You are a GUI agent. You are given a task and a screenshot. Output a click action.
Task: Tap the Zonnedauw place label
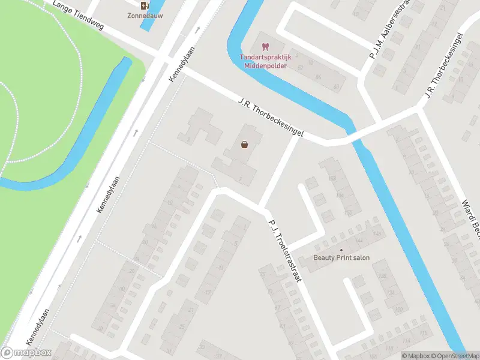[143, 16]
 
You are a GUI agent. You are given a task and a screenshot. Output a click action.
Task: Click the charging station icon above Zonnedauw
[143, 5]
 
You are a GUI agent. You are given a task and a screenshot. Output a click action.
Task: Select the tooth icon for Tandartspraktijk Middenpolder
[265, 46]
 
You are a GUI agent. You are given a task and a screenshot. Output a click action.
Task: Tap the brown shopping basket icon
[245, 144]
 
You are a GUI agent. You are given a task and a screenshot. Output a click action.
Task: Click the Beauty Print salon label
[341, 258]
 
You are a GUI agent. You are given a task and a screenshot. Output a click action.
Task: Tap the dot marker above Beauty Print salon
[341, 250]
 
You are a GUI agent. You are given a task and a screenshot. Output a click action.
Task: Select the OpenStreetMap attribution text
[454, 356]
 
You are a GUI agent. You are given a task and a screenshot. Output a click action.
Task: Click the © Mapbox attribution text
[415, 356]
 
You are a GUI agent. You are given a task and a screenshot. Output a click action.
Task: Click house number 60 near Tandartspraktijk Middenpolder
[335, 86]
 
